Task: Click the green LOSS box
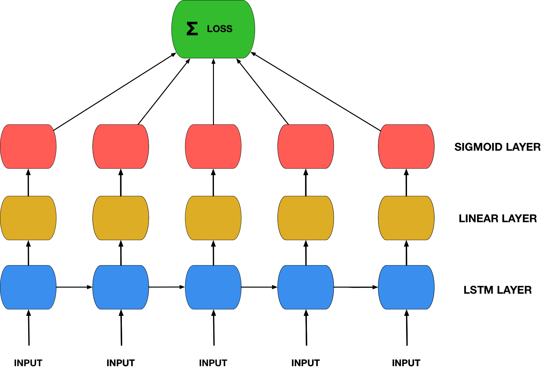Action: pyautogui.click(x=213, y=29)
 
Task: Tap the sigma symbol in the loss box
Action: pyautogui.click(x=192, y=29)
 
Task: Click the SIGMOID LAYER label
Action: pyautogui.click(x=497, y=147)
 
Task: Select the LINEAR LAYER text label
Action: pyautogui.click(x=498, y=219)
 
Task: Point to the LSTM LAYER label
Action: pyautogui.click(x=498, y=290)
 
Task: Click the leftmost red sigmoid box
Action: pyautogui.click(x=28, y=147)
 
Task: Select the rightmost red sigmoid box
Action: pyautogui.click(x=406, y=147)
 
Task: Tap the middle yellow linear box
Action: pyautogui.click(x=213, y=218)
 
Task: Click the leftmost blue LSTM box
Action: pyautogui.click(x=28, y=287)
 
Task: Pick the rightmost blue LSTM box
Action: pyautogui.click(x=406, y=287)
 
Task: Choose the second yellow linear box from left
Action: pyautogui.click(x=121, y=218)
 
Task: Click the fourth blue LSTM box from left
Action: pyautogui.click(x=306, y=287)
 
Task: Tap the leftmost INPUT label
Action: pyautogui.click(x=28, y=363)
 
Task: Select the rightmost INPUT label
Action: pyautogui.click(x=406, y=363)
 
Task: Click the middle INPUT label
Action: pyautogui.click(x=213, y=363)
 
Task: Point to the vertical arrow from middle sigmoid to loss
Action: pyautogui.click(x=213, y=92)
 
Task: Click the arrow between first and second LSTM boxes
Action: pyautogui.click(x=74, y=287)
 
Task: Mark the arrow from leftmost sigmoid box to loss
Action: pyautogui.click(x=115, y=92)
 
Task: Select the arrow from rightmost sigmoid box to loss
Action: pyautogui.click(x=315, y=92)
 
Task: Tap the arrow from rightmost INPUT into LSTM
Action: pyautogui.click(x=407, y=328)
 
